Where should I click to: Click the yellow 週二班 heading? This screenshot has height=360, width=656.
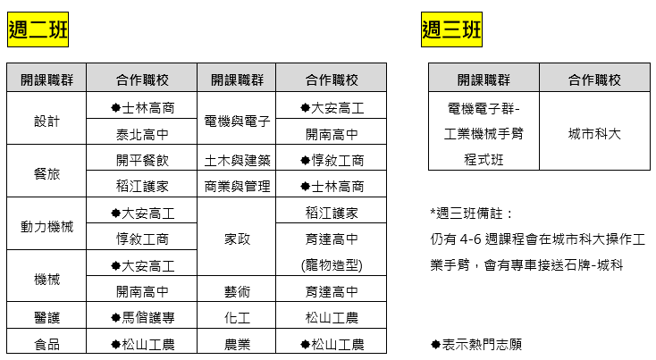point(38,29)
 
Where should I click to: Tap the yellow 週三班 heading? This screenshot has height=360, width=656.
point(451,29)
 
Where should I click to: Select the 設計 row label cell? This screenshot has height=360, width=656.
point(46,118)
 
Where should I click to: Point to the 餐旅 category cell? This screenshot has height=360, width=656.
point(46,171)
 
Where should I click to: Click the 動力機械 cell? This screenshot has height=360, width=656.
point(46,223)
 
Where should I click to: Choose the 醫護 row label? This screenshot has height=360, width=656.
point(46,314)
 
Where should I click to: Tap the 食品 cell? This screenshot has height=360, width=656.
point(46,341)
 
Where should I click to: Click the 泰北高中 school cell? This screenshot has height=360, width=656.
point(142,131)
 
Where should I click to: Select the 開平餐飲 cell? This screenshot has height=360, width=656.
point(142,157)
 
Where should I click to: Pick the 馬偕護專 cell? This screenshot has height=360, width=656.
point(142,314)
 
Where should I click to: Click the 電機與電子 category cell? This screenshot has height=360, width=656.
point(236,118)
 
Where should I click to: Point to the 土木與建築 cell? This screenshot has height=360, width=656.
point(236,157)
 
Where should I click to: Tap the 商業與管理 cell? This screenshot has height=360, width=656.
point(236,184)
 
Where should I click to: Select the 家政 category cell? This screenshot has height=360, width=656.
point(236,237)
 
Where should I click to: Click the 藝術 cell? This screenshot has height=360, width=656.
point(236,289)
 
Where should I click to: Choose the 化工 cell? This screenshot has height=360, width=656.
point(236,314)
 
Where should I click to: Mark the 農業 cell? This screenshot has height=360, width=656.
point(236,341)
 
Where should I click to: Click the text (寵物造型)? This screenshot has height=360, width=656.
point(332,265)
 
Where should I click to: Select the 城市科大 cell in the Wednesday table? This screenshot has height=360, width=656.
point(594,131)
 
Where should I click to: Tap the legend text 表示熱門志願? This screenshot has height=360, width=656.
point(482,344)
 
